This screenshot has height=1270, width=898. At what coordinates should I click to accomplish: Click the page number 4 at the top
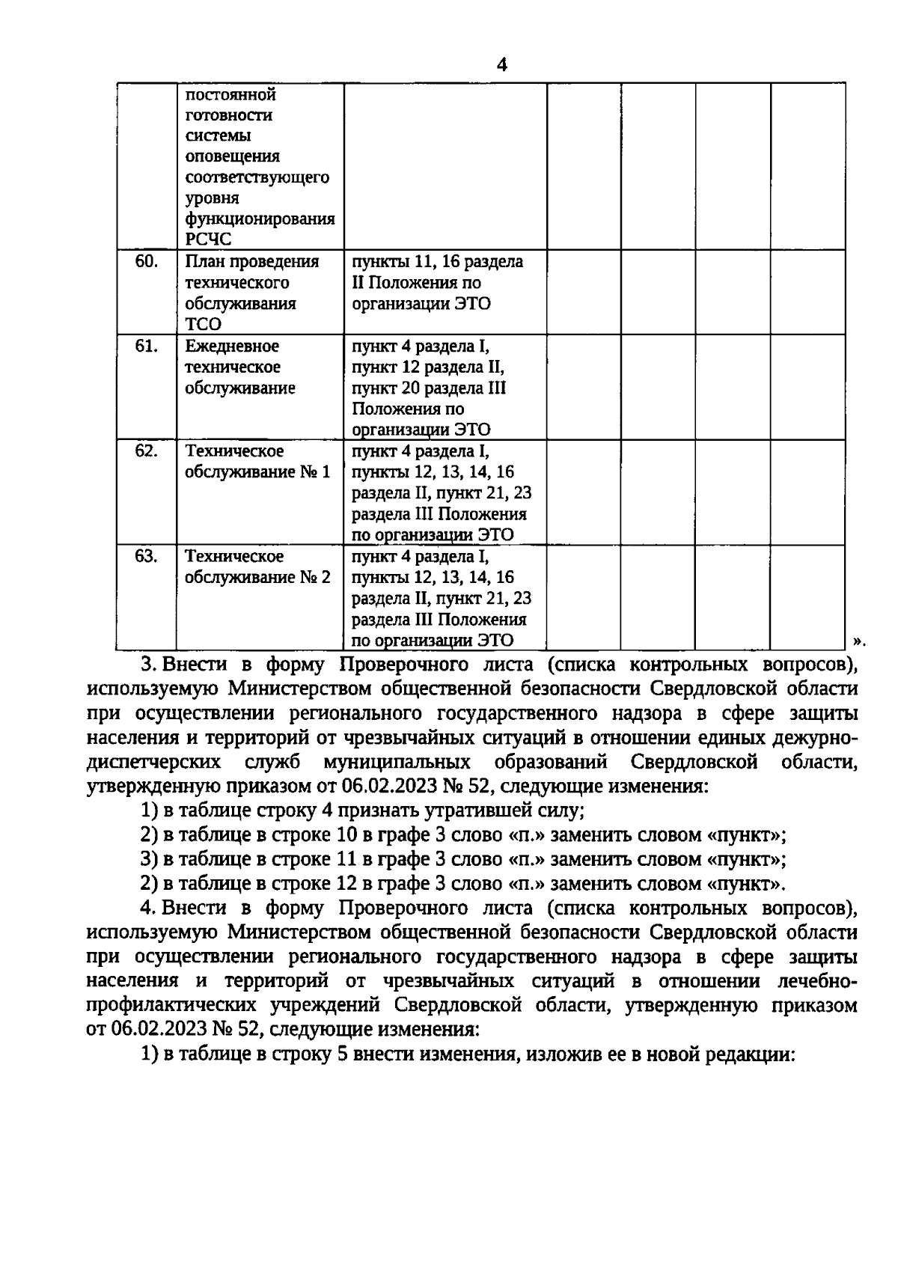[501, 65]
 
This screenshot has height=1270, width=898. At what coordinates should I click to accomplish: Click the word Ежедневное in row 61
[231, 346]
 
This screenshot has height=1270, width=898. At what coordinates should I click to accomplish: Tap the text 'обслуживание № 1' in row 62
[257, 472]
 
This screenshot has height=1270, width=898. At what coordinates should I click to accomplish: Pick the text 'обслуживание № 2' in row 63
[257, 577]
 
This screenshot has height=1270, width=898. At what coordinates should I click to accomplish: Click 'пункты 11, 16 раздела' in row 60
[437, 262]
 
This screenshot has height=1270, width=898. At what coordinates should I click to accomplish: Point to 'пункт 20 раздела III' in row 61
[429, 388]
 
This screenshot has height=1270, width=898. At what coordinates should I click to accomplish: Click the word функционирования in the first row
[259, 219]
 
